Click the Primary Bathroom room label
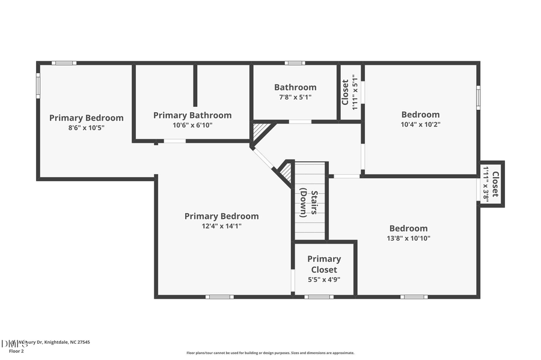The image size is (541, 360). tap(192, 115)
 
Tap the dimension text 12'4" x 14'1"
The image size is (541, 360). tap(221, 226)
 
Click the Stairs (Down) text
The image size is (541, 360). tap(310, 203)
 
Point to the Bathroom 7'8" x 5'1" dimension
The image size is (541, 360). tap(295, 97)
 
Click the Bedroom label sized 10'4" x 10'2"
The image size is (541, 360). tap(420, 115)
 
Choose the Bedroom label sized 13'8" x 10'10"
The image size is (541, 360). tap(408, 228)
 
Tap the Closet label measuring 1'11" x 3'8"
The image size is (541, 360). tap(495, 184)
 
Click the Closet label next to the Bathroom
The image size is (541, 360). tap(346, 92)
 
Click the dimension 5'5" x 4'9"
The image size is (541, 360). tap(324, 279)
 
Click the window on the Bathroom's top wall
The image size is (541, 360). tap(295, 63)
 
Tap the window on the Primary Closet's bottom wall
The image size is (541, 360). tap(319, 296)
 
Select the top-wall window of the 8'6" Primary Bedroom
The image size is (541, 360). tap(63, 63)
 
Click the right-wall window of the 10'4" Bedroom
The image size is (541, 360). tap(478, 97)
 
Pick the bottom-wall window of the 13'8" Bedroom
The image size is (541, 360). tap(414, 296)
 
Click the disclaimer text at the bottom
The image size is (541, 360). tap(270, 353)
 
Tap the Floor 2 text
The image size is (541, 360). tap(17, 350)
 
